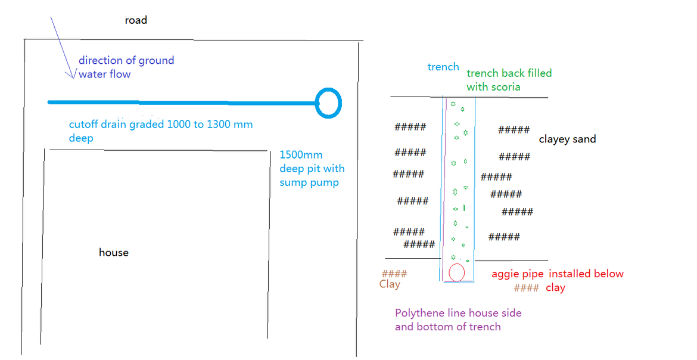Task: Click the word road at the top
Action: point(135,20)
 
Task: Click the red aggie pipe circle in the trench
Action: point(457,272)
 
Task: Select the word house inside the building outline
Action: point(114,253)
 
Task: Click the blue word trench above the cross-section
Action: point(443,67)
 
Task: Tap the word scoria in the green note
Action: point(505,87)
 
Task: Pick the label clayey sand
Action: point(567,139)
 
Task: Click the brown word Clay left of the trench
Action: point(390,284)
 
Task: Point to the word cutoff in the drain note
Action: point(84,125)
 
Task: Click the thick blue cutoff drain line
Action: point(179,103)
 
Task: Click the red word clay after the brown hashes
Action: point(555,288)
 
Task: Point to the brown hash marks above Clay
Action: point(394,274)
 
